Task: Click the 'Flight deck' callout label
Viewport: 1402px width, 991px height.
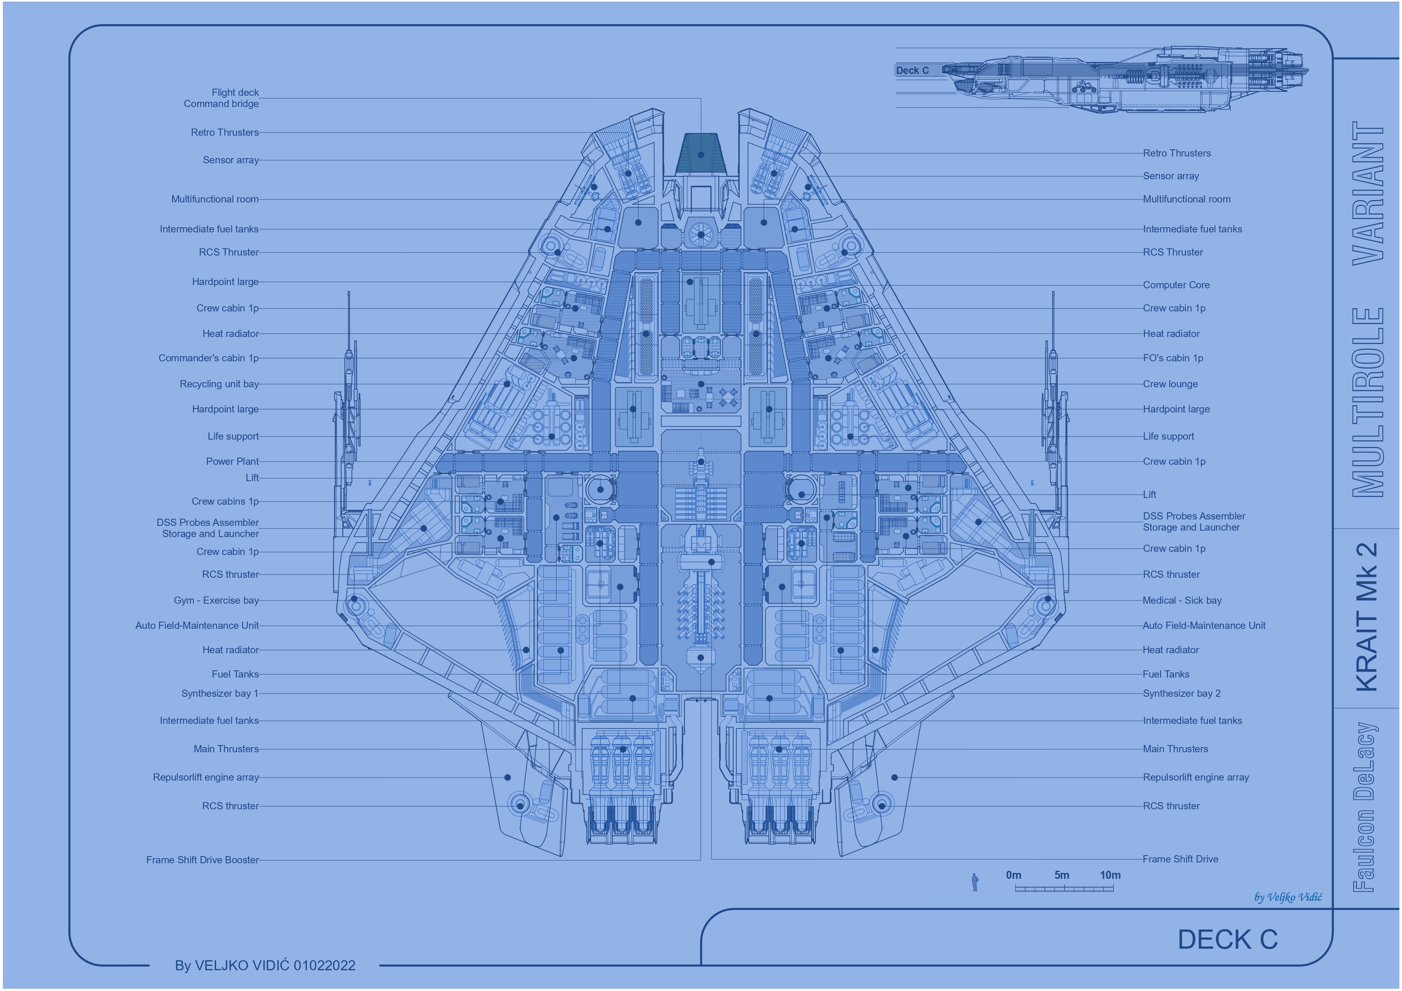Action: pos(235,93)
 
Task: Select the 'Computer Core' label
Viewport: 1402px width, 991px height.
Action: pos(1176,285)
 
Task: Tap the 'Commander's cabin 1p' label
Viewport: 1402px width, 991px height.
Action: pos(209,358)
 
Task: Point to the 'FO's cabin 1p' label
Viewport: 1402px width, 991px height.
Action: pos(1173,358)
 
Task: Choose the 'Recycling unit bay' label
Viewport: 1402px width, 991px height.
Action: pos(219,384)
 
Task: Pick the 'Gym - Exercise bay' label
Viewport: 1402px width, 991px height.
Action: pos(216,601)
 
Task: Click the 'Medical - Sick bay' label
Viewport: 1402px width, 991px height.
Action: pos(1182,601)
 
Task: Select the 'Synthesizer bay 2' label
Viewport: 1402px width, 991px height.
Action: pos(1181,693)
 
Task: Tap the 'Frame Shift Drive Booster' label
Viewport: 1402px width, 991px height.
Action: pos(203,860)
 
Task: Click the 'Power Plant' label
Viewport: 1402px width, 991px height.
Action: pos(233,461)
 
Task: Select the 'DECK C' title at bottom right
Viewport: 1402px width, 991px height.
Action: pos(1227,940)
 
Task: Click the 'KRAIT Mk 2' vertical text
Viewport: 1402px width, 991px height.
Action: pos(1366,617)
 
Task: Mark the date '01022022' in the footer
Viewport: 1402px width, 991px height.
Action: pos(324,965)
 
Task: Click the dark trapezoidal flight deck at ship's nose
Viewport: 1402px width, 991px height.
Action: pos(701,154)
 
